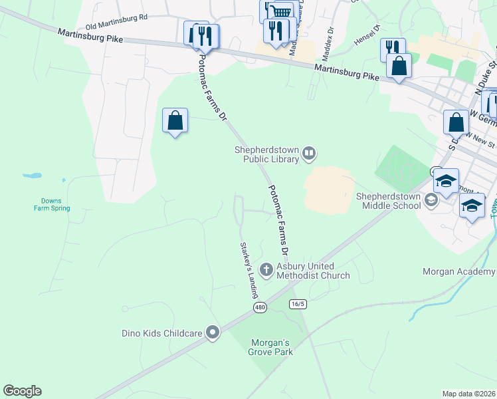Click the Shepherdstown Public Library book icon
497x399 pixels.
click(309, 154)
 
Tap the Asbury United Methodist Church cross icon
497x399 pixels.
click(266, 270)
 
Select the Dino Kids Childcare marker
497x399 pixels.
click(213, 332)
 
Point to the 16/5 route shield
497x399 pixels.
click(298, 304)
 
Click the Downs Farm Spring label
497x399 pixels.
click(51, 204)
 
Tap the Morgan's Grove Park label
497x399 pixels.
click(271, 347)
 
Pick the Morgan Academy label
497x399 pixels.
click(459, 271)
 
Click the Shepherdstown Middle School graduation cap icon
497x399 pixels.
click(431, 199)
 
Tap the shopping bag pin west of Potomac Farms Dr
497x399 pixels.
click(175, 121)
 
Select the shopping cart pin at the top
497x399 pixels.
click(281, 11)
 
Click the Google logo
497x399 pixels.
click(22, 391)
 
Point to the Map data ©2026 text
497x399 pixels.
click(468, 394)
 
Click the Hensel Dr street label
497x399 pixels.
click(366, 37)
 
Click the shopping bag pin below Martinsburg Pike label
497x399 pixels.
click(399, 66)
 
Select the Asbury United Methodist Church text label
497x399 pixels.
click(313, 271)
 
